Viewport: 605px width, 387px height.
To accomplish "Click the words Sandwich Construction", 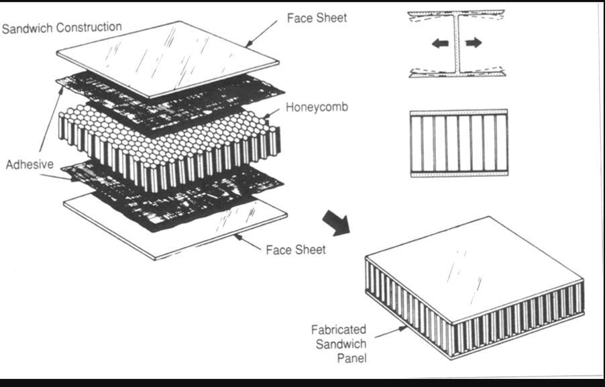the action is pyautogui.click(x=62, y=28).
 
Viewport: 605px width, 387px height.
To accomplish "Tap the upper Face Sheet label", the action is pyautogui.click(x=317, y=18).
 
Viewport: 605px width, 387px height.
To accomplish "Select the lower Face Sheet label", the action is pyautogui.click(x=296, y=250).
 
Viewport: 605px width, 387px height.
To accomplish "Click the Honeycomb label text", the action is pyautogui.click(x=317, y=107).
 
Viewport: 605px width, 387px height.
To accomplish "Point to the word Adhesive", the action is pyautogui.click(x=30, y=164).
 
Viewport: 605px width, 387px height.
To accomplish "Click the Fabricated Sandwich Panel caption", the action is pyautogui.click(x=339, y=343).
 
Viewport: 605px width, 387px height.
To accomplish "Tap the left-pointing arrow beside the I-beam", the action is pyautogui.click(x=440, y=44).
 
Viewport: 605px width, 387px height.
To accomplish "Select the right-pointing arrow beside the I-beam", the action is pyautogui.click(x=474, y=43).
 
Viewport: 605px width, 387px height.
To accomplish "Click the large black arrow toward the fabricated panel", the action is pyautogui.click(x=336, y=223).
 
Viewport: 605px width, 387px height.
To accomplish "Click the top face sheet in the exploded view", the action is pyautogui.click(x=168, y=57).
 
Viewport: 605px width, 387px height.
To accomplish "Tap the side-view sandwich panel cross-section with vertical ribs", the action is pyautogui.click(x=458, y=143).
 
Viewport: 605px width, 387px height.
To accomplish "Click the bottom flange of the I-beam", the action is pyautogui.click(x=457, y=73).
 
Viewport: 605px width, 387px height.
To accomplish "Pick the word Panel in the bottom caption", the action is pyautogui.click(x=351, y=357).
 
